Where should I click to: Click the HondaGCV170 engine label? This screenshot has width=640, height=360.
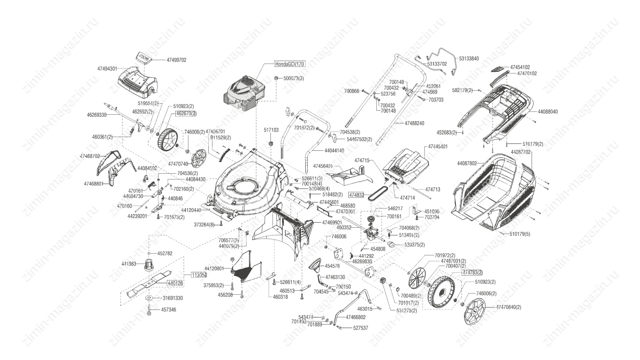tap(289, 64)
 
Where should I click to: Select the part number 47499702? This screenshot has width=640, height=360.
tap(176, 60)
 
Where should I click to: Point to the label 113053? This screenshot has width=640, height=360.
tap(199, 275)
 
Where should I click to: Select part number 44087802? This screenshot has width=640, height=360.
tap(467, 163)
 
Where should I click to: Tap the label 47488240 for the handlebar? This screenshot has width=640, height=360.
tap(414, 123)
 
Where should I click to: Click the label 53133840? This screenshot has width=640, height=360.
tap(469, 59)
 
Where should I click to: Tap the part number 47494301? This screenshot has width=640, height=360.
tap(107, 69)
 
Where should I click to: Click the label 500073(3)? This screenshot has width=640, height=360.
tap(294, 79)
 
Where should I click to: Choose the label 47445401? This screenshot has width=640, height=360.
tap(438, 147)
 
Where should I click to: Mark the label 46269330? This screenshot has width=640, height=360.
tap(97, 115)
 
